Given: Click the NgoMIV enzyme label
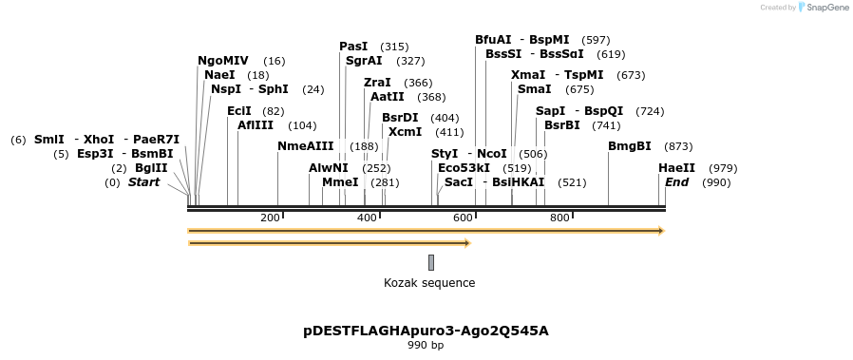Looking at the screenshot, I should tap(223, 61).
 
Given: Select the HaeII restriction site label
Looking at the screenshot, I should tap(676, 168).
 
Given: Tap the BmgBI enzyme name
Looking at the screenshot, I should tap(629, 146).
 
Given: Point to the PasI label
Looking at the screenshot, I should tap(353, 47).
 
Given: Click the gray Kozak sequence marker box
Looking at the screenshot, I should tap(430, 262).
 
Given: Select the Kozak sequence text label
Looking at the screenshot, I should tap(429, 283).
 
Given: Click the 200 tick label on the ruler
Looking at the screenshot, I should tap(269, 218).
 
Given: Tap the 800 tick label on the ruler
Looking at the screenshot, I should tap(559, 218).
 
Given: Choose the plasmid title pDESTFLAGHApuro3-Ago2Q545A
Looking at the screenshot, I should tap(426, 332).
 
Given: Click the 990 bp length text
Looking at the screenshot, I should tap(426, 346).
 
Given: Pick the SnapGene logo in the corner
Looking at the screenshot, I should tap(824, 8).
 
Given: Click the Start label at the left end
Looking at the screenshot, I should tap(143, 182).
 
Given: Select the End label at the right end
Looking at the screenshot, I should tap(676, 182).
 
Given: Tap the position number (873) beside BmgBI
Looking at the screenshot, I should tap(677, 146).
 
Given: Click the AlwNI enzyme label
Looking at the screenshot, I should tap(328, 168).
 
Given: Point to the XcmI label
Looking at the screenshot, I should tap(405, 132).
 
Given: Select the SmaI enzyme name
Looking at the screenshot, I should tap(534, 89).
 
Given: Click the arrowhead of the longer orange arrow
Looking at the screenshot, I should tap(660, 231).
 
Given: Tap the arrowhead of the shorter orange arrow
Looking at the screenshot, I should tap(466, 243).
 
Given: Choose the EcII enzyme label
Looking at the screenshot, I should tap(239, 111).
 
